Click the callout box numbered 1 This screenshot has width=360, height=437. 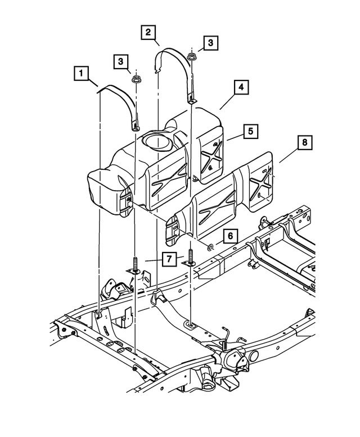pos(82,73)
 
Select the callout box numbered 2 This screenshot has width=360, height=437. pos(148,32)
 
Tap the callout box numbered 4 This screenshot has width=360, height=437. pos(240,88)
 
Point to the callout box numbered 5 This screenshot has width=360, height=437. pos(250,132)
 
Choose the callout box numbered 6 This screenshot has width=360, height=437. pos(229,236)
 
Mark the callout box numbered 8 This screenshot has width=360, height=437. pos(304,143)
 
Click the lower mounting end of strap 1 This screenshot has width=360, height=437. pos(137,125)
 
